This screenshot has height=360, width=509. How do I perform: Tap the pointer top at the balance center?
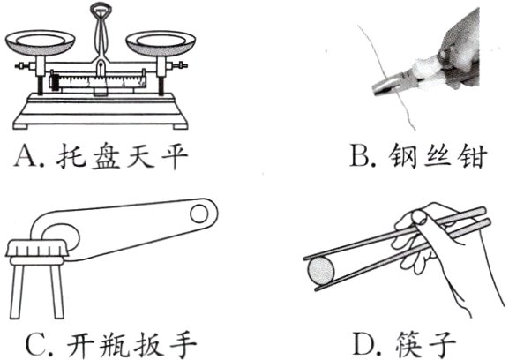point(101,11)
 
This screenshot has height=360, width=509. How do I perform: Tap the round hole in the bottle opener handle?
point(200,212)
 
